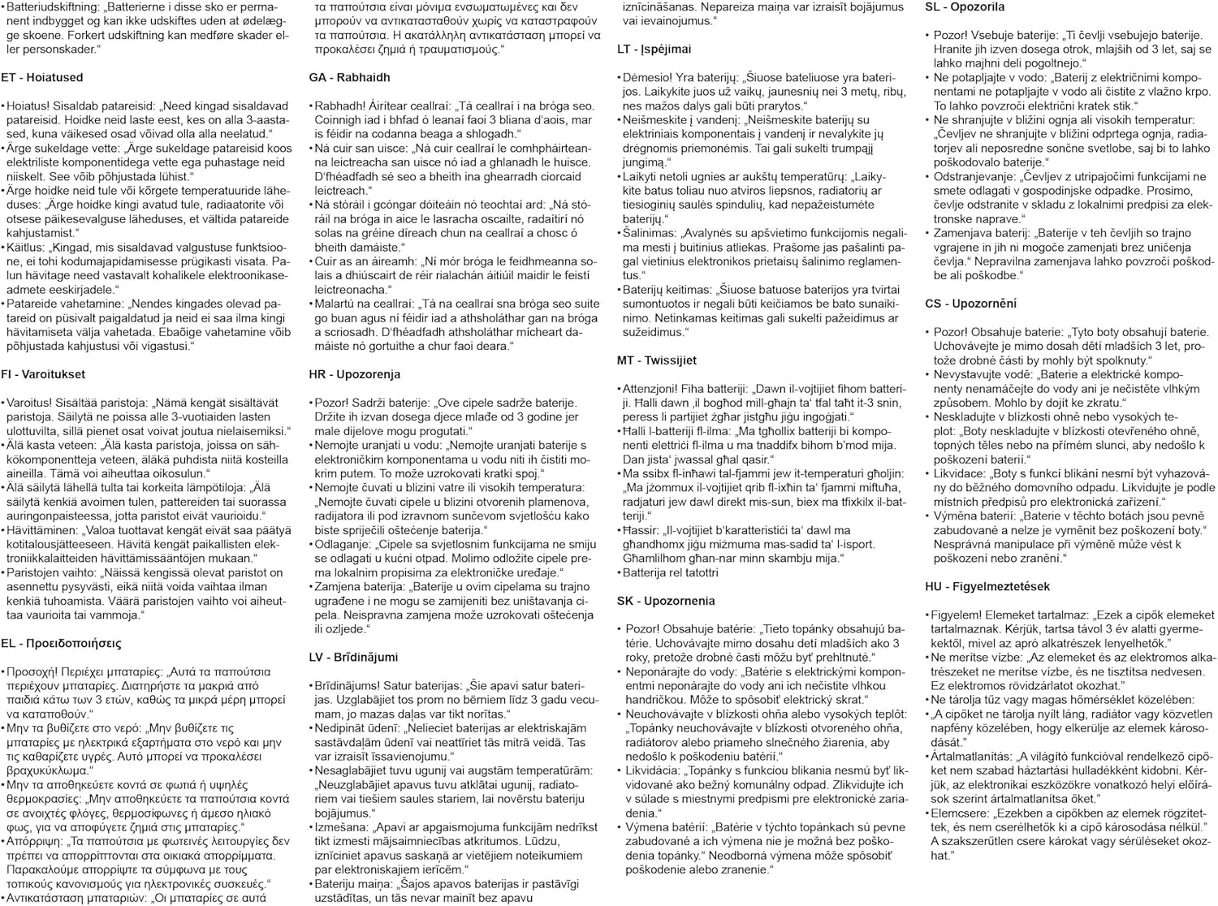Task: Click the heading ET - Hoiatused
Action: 42,78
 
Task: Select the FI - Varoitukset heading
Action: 43,374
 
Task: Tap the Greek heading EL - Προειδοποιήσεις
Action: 62,643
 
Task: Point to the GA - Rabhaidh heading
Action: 349,78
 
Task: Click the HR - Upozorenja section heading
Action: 355,374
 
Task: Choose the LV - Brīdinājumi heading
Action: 353,657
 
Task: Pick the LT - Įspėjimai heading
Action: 654,50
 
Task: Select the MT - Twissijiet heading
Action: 657,360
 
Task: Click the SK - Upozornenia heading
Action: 666,601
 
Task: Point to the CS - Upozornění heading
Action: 970,304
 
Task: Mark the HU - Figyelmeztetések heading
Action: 987,586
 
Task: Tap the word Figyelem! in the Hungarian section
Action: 957,615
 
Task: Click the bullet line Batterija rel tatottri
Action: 670,572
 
